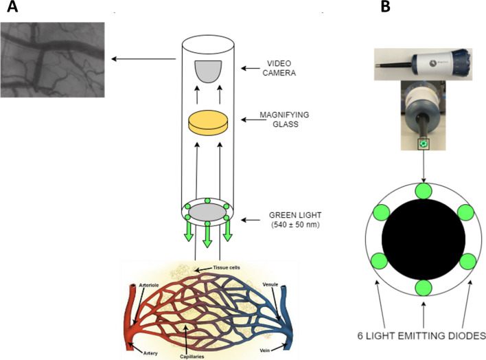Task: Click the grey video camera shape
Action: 209,70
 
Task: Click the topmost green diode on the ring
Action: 424,190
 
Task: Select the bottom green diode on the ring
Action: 424,287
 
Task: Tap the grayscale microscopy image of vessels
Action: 52,59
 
